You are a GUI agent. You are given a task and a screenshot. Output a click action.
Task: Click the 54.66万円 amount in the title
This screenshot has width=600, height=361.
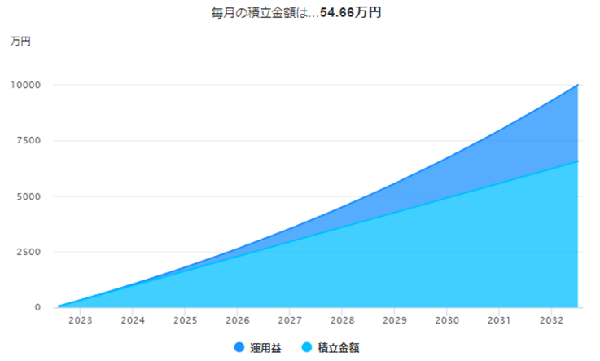tap(350, 13)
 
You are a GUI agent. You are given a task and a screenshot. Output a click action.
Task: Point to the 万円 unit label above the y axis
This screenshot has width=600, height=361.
tap(20, 42)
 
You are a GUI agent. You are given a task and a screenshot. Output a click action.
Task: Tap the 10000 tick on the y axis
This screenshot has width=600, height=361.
tap(25, 85)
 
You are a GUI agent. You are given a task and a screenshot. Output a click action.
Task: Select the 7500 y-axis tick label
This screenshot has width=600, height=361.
tap(28, 140)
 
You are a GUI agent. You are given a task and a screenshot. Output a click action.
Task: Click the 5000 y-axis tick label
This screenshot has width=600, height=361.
tap(28, 196)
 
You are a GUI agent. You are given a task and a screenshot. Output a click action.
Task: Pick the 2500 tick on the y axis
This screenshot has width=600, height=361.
tap(28, 252)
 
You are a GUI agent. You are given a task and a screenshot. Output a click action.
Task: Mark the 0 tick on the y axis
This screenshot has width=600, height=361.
tap(37, 307)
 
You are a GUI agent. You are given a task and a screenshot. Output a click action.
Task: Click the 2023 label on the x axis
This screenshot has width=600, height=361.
tap(81, 320)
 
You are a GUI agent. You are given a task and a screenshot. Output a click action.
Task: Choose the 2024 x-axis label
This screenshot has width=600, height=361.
tap(133, 320)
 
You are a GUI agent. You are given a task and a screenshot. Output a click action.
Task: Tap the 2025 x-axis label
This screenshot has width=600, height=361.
tap(185, 320)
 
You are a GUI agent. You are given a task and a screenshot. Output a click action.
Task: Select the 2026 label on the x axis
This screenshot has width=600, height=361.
tap(238, 320)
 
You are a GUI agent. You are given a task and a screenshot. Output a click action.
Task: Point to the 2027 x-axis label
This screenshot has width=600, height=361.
tap(290, 320)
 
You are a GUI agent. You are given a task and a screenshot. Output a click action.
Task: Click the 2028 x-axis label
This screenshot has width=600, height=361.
tap(343, 320)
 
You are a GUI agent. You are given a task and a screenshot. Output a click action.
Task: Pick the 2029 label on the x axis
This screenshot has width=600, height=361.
tap(395, 320)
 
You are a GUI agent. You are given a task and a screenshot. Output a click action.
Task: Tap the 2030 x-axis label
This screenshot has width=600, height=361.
tap(447, 320)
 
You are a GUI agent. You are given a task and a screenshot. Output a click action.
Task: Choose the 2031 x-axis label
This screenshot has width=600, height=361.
tap(499, 320)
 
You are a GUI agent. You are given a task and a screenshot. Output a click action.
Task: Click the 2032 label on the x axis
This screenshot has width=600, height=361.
tap(552, 320)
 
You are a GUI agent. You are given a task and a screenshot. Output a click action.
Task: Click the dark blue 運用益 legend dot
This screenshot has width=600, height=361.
tap(239, 348)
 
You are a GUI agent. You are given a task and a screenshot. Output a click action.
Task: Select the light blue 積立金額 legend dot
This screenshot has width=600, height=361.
tap(307, 348)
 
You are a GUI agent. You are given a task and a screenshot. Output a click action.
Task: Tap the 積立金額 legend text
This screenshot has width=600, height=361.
tap(339, 348)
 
